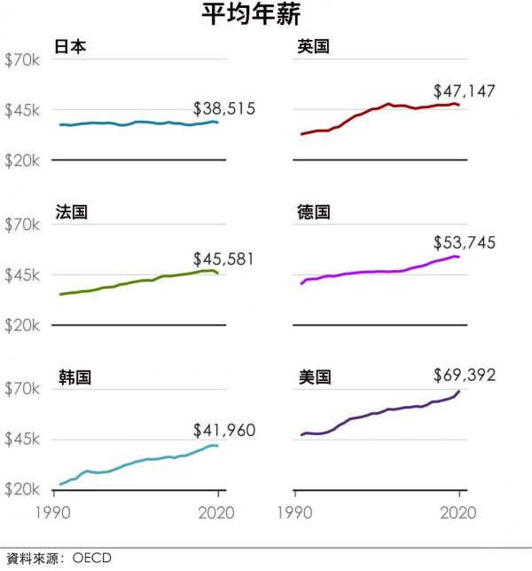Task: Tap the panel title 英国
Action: [x=313, y=46]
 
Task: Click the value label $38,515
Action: [x=224, y=109]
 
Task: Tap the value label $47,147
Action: [x=465, y=91]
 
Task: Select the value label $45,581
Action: [x=224, y=259]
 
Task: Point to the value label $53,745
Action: [x=465, y=243]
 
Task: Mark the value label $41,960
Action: [x=224, y=431]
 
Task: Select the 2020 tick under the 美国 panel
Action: [x=459, y=512]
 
